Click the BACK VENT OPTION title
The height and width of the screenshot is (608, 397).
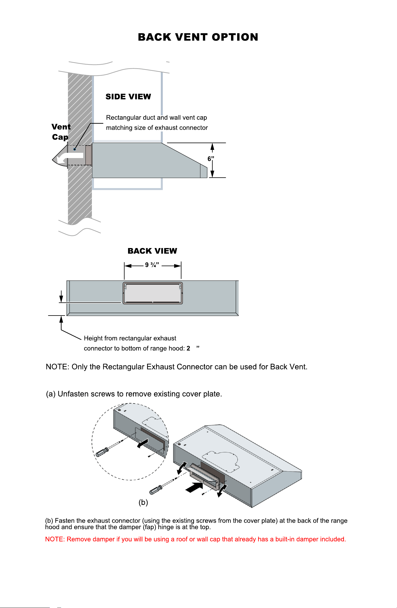tap(198, 37)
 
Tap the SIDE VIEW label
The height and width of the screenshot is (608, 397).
tap(128, 97)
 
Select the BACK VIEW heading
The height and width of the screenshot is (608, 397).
tap(152, 251)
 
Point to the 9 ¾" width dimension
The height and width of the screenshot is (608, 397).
tap(152, 265)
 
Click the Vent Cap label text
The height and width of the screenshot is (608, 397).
tap(61, 132)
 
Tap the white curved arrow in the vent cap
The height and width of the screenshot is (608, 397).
tap(69, 158)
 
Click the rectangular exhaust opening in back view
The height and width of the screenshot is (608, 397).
tap(153, 293)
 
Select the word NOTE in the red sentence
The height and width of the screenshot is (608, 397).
tap(55, 539)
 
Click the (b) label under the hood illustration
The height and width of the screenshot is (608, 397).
tap(143, 502)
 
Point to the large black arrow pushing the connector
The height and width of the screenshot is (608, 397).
tap(194, 487)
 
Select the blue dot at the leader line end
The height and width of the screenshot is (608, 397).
tap(74, 149)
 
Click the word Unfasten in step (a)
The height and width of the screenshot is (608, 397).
tap(73, 394)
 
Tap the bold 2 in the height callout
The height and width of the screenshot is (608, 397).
tap(188, 348)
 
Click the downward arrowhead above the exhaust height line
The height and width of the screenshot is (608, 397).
tap(61, 299)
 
